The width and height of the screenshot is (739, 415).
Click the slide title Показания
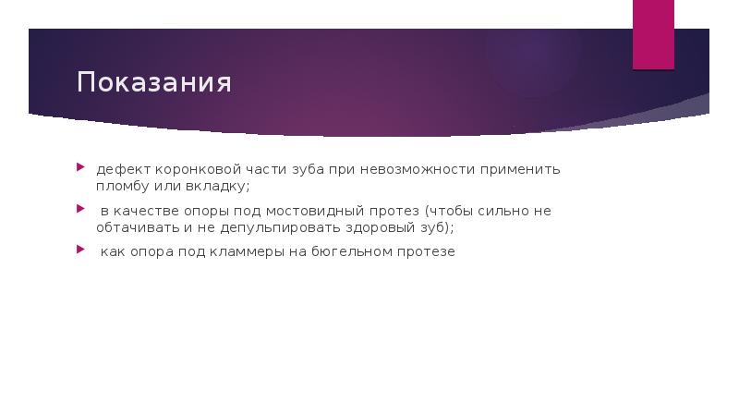[x=153, y=83]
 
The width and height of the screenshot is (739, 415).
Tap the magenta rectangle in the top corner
[x=652, y=34]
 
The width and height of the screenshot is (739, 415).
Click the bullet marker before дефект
[x=80, y=168]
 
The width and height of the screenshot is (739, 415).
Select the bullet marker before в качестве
[x=80, y=209]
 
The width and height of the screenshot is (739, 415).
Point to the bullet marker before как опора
[x=80, y=250]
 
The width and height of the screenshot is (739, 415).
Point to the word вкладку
[x=216, y=186]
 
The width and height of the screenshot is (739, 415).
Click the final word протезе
[x=426, y=251]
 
